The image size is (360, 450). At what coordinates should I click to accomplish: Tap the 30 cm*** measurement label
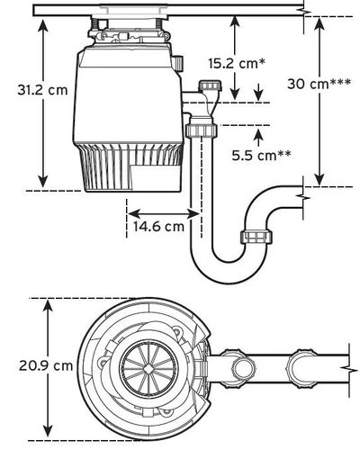tap(319, 83)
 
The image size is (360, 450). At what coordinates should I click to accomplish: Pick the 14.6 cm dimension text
tap(160, 227)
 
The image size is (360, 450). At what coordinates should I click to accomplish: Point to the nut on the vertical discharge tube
tap(196, 131)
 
